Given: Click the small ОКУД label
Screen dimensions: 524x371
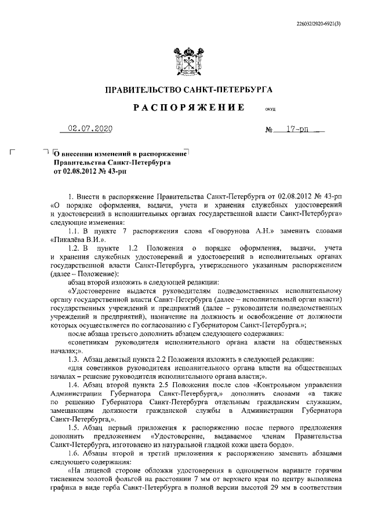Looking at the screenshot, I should click(x=270, y=109).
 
